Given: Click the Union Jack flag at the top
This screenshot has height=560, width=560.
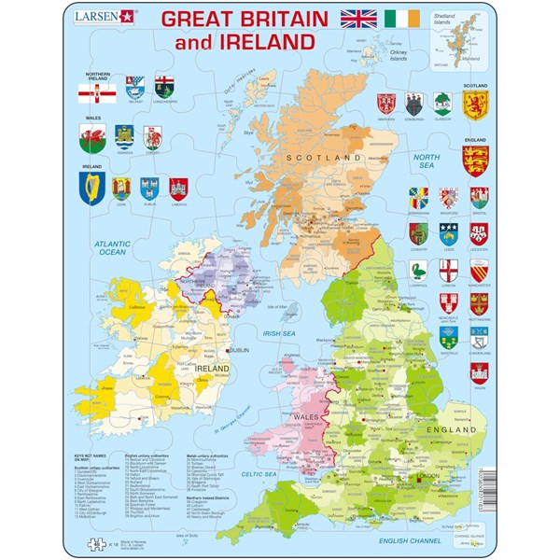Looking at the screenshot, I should click(362, 20).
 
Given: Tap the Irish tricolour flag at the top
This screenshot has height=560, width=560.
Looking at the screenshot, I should click(405, 20).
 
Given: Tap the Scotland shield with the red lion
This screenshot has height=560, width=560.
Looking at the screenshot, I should click(476, 105).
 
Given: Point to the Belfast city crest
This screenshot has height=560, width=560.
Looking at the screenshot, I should click(124, 91).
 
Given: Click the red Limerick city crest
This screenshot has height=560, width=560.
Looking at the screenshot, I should click(179, 189).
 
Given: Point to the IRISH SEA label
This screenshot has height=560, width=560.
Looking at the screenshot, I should click(277, 330).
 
